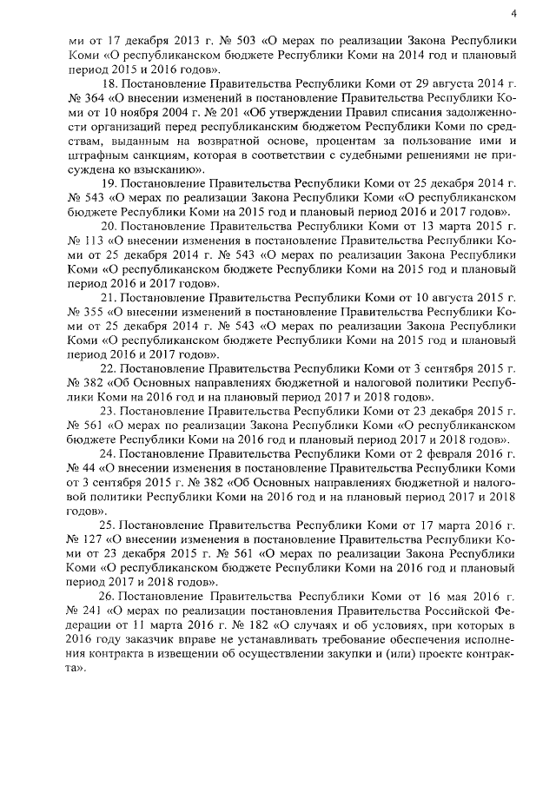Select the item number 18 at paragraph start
(109, 84)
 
